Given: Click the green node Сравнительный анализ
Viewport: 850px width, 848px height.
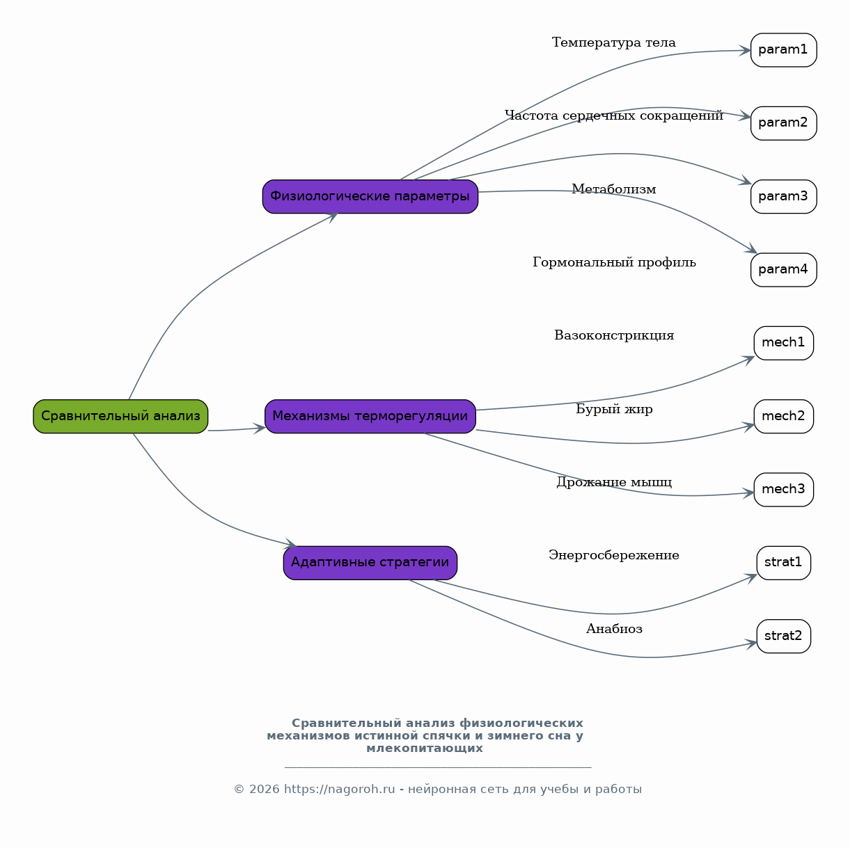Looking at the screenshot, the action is click(x=120, y=416).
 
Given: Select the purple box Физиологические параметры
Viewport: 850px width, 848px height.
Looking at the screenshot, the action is click(x=370, y=196).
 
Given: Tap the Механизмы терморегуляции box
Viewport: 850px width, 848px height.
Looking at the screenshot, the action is click(x=370, y=416).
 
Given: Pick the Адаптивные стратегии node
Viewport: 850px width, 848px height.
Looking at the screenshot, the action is click(x=370, y=562).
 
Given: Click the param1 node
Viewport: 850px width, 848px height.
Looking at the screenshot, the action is click(x=783, y=50).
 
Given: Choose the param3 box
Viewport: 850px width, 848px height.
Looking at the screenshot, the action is click(x=783, y=196).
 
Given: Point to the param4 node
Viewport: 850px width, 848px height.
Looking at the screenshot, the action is click(x=783, y=269).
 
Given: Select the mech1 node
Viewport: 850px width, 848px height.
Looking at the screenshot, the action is click(x=783, y=343).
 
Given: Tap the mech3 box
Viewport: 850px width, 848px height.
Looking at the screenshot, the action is click(x=783, y=489).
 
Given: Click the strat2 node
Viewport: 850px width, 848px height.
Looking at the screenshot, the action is click(x=783, y=635).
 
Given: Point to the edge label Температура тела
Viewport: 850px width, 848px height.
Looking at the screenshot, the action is click(x=613, y=42).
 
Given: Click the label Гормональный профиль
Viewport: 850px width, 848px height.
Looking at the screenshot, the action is click(x=613, y=262).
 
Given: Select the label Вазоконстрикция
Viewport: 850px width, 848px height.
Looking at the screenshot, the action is click(x=613, y=335).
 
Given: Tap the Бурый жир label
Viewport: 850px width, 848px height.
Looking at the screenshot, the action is click(x=613, y=409).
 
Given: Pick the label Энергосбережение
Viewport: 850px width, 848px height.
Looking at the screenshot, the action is click(x=613, y=554).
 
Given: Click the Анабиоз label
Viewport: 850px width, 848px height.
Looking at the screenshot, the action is click(x=613, y=628).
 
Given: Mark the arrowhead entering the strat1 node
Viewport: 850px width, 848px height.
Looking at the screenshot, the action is click(x=750, y=577).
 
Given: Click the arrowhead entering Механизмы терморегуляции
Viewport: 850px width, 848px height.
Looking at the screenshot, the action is click(x=260, y=429).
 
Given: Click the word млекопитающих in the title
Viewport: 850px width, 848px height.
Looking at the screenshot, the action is click(x=425, y=749).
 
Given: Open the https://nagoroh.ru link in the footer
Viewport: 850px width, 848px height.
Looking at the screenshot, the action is click(x=339, y=789).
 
